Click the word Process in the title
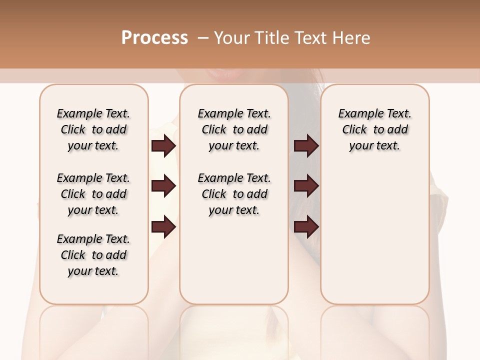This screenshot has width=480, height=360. tap(154, 38)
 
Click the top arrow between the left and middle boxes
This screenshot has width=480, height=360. tap(163, 145)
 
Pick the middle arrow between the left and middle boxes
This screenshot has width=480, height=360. tap(163, 186)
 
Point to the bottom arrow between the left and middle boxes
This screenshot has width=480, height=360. tap(163, 227)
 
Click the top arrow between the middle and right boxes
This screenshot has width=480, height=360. tap(306, 145)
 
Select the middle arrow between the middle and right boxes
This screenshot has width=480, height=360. tap(306, 186)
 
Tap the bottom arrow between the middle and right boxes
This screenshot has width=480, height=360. tap(306, 227)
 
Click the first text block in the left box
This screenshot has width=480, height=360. tap(93, 129)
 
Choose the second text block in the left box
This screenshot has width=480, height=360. tap(93, 194)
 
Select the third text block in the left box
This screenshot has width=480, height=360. tap(93, 255)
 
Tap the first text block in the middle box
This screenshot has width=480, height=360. tap(234, 129)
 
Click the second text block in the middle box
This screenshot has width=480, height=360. tap(234, 194)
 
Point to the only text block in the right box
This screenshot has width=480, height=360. tap(374, 129)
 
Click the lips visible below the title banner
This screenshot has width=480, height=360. tap(227, 75)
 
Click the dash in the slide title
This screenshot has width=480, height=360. tap(203, 38)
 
